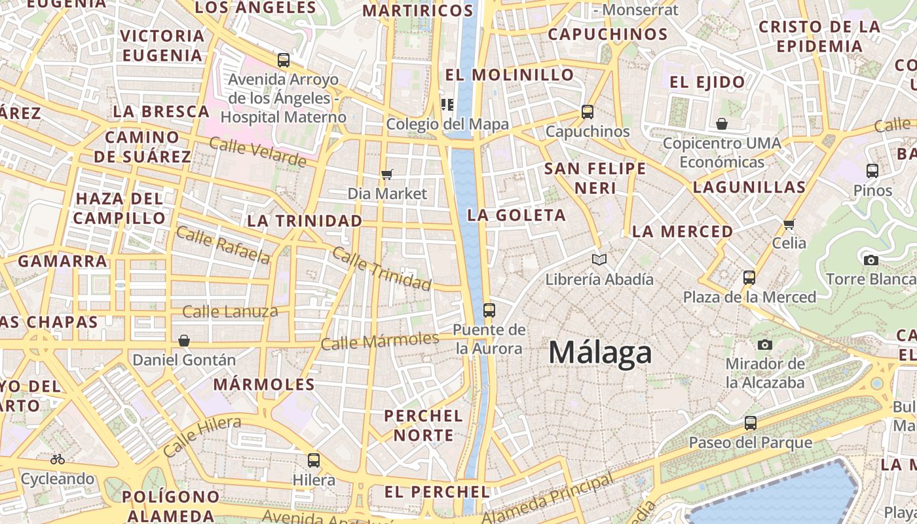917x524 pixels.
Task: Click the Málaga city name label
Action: coord(600,352)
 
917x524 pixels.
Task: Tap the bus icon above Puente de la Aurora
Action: coord(489,310)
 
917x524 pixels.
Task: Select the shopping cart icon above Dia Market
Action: coord(387,174)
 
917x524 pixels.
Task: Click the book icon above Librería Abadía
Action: coord(599,260)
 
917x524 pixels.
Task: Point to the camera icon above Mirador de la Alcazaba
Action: coord(764,345)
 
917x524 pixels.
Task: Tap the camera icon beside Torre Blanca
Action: coord(870,260)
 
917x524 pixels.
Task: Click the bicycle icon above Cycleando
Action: coord(58,459)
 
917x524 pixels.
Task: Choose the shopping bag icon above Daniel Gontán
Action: coord(184,341)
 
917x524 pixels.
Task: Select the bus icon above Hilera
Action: coord(314,460)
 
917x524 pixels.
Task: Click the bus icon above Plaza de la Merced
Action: coord(749,278)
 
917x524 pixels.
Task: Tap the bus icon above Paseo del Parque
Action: coord(751,423)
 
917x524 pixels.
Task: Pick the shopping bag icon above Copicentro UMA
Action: coord(722,124)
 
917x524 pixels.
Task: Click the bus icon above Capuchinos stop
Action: coord(588,112)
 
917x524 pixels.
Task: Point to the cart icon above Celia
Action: coord(789,224)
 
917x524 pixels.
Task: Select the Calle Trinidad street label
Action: coord(381,269)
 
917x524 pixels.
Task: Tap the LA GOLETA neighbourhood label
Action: coord(517,215)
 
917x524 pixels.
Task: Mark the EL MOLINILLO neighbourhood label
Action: coord(510,75)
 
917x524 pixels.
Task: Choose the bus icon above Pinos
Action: coord(872,171)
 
